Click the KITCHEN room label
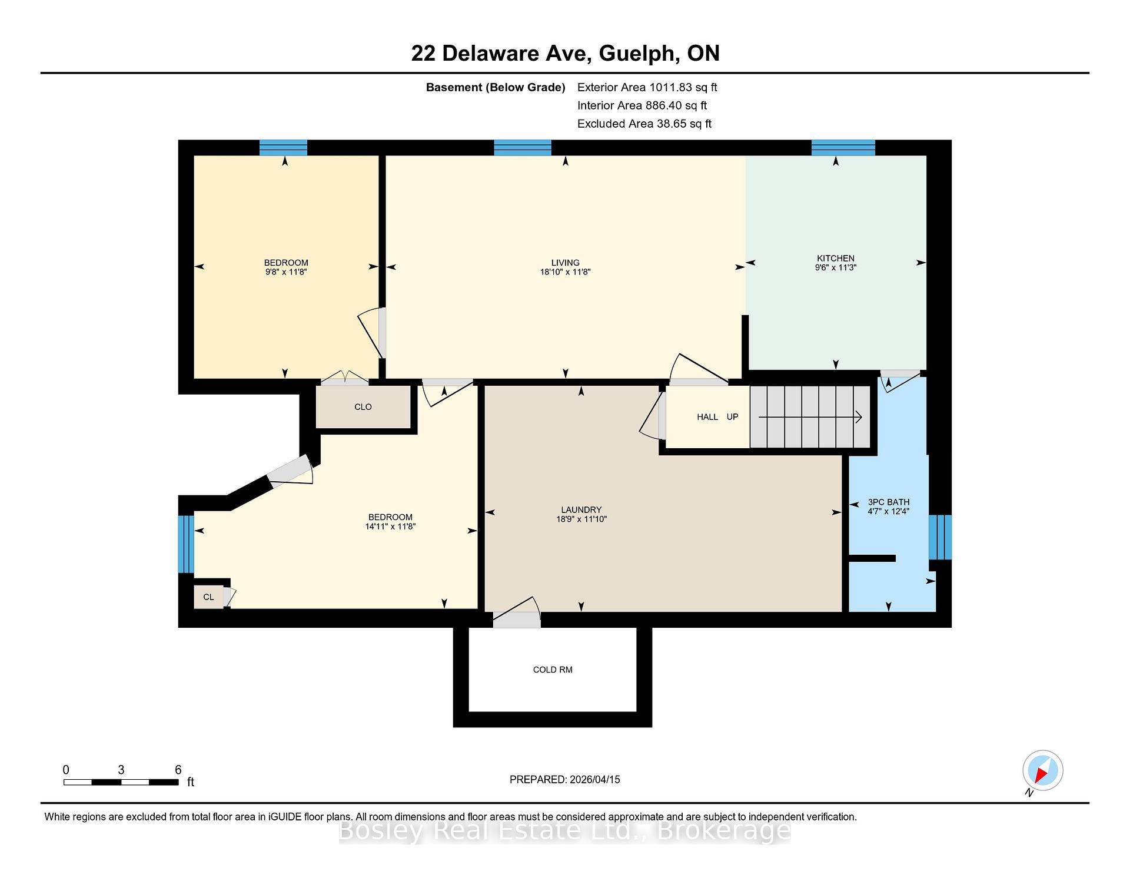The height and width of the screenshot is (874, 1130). click(x=835, y=258)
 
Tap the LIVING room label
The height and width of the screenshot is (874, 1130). click(x=565, y=263)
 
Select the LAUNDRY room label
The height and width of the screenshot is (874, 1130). click(x=581, y=510)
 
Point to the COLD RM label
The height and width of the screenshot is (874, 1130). click(x=553, y=670)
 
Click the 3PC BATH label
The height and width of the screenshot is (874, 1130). click(x=888, y=502)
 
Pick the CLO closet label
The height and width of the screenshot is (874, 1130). click(x=363, y=407)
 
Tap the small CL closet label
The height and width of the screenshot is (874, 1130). click(x=208, y=597)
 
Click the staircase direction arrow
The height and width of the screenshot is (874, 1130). click(x=810, y=417)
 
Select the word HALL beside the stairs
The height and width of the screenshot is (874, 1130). click(x=707, y=417)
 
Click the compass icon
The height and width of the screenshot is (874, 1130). click(x=1043, y=770)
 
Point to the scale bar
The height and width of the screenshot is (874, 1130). click(x=121, y=782)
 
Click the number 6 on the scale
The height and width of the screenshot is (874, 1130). click(x=178, y=770)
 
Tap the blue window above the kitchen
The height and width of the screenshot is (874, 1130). click(x=843, y=147)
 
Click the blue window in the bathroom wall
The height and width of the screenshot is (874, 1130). click(x=940, y=537)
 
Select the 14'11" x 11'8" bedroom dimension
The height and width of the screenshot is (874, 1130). click(x=390, y=527)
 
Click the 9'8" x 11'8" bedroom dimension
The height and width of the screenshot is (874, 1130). click(x=286, y=272)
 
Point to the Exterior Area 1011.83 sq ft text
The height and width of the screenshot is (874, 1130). click(x=647, y=88)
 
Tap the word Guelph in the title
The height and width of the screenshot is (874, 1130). click(x=636, y=54)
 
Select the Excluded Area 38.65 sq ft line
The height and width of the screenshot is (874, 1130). click(x=644, y=124)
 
